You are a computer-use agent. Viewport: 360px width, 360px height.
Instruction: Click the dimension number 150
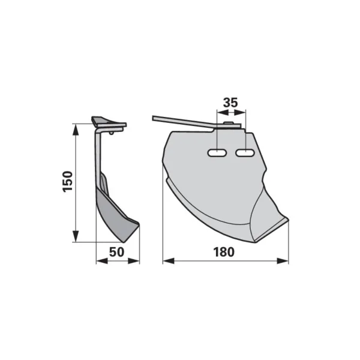pos(68,181)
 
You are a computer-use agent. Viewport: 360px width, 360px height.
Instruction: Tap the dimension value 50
pos(116,252)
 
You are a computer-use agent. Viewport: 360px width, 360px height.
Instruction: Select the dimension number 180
pos(224,252)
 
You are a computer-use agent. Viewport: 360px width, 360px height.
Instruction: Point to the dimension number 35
pos(230,103)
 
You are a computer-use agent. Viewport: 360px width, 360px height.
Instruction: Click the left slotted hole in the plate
pos(217,153)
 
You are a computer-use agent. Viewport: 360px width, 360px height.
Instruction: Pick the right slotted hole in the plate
pos(245,153)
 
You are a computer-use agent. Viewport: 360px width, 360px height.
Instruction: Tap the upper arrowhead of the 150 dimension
pos(76,130)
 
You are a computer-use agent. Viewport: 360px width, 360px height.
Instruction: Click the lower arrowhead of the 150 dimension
pos(76,236)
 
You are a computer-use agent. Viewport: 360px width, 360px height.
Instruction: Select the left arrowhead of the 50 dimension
pos(102,261)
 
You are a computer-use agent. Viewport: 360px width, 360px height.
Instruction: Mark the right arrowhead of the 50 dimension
pos(134,261)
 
